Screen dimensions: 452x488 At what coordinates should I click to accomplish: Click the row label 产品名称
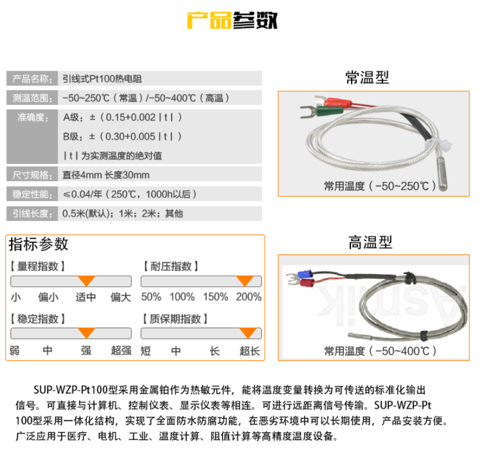(32, 79)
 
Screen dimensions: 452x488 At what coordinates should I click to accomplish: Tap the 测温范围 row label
(32, 98)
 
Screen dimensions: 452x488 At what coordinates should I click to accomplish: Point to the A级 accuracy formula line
(122, 117)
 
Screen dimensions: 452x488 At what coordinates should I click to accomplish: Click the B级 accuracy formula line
(122, 136)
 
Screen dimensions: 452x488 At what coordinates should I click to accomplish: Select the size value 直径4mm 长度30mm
(106, 175)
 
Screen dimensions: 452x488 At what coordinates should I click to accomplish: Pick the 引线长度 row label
(32, 213)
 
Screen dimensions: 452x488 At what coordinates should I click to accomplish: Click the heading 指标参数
(38, 244)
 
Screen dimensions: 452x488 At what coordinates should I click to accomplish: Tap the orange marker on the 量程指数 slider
(86, 281)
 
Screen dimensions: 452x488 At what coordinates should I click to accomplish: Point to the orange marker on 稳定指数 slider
(86, 333)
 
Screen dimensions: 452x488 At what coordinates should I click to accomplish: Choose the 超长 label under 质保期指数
(250, 351)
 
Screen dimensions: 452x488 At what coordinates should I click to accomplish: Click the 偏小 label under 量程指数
(48, 297)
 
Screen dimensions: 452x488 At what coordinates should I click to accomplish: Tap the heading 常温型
(367, 77)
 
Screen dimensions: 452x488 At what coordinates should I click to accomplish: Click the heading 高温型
(370, 242)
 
